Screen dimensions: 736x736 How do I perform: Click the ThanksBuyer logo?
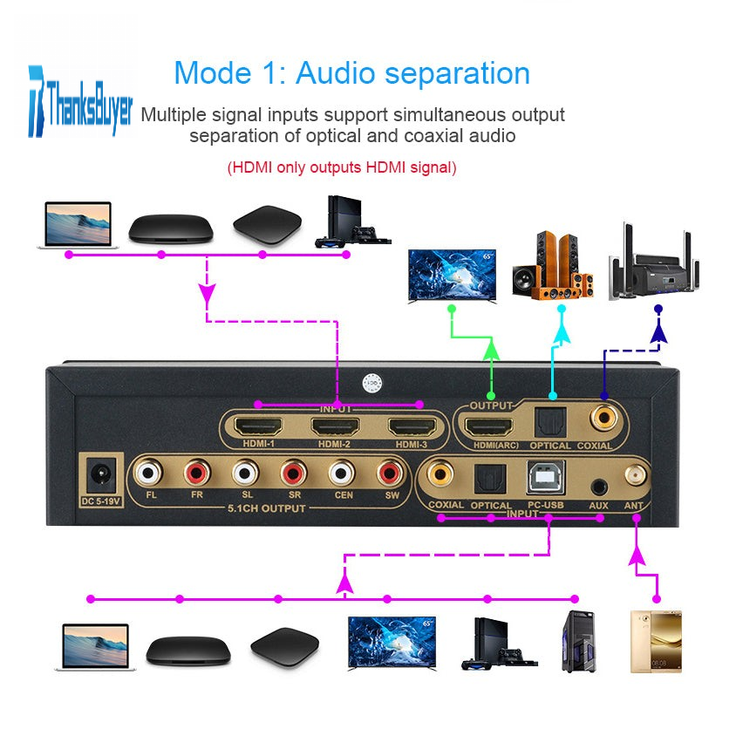point(80,102)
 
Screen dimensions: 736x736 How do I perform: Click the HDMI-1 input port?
point(259,428)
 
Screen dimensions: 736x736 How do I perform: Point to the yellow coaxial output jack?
point(603,418)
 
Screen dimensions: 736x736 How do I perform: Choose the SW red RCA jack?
point(389,475)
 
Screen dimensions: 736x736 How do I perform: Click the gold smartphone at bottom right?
point(655,641)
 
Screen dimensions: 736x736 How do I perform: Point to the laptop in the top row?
point(77,225)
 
